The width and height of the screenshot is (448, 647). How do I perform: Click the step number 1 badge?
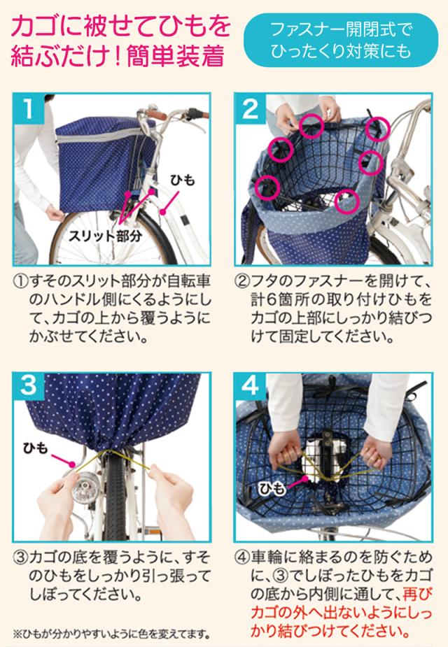pyautogui.click(x=29, y=108)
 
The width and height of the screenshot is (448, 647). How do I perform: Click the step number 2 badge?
pyautogui.click(x=250, y=108)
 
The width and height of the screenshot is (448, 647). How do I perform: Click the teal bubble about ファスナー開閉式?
pyautogui.click(x=341, y=40)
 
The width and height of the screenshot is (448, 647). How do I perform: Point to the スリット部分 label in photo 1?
pyautogui.click(x=105, y=236)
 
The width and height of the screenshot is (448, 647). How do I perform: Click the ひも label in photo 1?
pyautogui.click(x=182, y=180)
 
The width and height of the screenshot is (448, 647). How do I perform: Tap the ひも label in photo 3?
pyautogui.click(x=36, y=448)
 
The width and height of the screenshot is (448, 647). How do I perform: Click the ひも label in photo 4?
pyautogui.click(x=272, y=489)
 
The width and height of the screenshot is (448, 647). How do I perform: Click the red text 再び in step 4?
pyautogui.click(x=417, y=593)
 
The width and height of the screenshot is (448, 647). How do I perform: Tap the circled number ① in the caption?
pyautogui.click(x=20, y=283)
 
